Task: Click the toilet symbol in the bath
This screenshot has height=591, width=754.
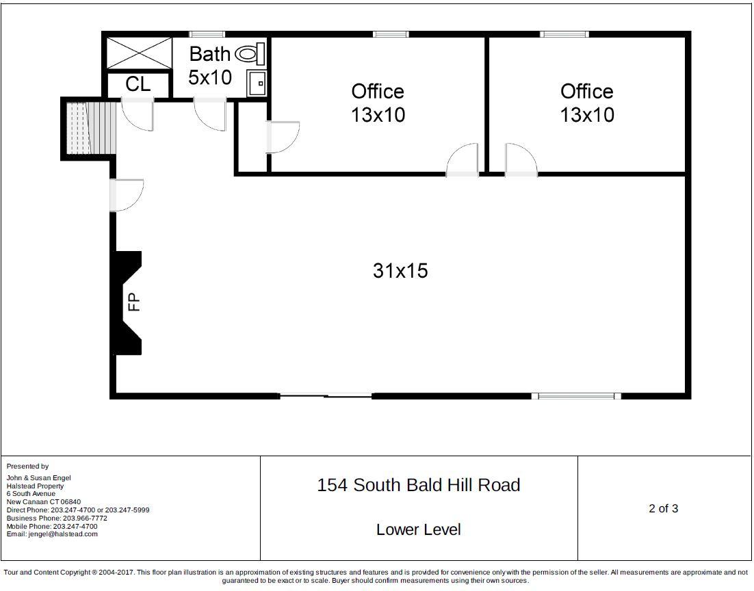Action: pyautogui.click(x=250, y=53)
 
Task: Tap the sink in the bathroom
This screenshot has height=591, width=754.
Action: pyautogui.click(x=257, y=83)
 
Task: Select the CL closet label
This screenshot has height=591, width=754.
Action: pyautogui.click(x=138, y=84)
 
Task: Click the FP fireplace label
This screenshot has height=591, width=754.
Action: pyautogui.click(x=134, y=302)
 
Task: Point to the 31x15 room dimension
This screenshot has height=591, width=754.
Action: pyautogui.click(x=400, y=270)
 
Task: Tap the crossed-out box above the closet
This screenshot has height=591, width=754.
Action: pyautogui.click(x=138, y=53)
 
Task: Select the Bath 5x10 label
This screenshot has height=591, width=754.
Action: pyautogui.click(x=210, y=66)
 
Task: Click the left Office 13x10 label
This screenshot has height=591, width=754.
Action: pyautogui.click(x=378, y=103)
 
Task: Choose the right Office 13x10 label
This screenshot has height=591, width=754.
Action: pyautogui.click(x=586, y=103)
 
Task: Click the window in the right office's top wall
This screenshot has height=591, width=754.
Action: pyautogui.click(x=564, y=34)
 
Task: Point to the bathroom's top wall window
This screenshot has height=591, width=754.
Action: pyautogui.click(x=207, y=34)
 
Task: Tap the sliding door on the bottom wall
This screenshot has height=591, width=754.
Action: pyautogui.click(x=326, y=396)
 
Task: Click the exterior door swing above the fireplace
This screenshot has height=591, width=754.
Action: pyautogui.click(x=127, y=195)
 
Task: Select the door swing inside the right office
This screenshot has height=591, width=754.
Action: pyautogui.click(x=521, y=159)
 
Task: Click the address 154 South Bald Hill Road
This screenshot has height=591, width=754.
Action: pyautogui.click(x=418, y=485)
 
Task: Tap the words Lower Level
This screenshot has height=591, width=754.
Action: pyautogui.click(x=418, y=529)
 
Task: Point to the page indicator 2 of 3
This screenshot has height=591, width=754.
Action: pyautogui.click(x=663, y=508)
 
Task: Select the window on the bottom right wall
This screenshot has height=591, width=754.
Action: pyautogui.click(x=576, y=396)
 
